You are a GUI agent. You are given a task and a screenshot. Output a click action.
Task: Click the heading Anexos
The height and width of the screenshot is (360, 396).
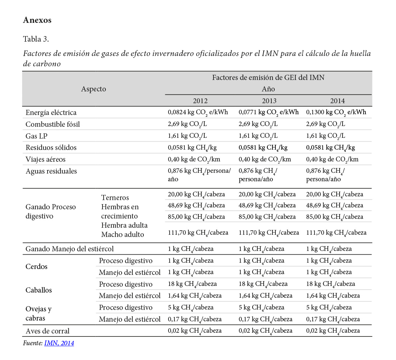point(37,20)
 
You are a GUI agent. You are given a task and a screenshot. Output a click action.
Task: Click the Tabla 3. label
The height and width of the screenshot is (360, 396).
point(36,39)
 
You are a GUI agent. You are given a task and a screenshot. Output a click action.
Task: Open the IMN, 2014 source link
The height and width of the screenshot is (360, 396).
point(59,343)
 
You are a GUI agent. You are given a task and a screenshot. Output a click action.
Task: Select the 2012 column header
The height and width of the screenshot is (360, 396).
point(200,101)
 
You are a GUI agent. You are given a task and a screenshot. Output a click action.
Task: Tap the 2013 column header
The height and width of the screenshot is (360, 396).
point(269,101)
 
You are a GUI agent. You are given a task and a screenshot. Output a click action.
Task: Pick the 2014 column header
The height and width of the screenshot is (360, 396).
point(337,101)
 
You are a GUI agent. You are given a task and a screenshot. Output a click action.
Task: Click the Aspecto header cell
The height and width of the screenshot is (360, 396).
point(94,89)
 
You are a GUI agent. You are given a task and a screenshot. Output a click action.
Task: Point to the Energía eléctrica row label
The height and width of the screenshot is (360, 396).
point(51,112)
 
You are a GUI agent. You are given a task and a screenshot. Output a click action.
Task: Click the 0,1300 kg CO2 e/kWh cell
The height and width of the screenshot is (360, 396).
point(336,112)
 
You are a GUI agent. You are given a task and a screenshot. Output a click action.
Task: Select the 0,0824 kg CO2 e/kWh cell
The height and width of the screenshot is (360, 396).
point(198,112)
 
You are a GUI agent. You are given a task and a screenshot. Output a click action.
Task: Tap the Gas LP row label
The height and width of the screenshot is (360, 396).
point(37,136)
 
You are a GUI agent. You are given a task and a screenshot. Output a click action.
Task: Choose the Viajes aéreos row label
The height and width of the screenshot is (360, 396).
point(45,160)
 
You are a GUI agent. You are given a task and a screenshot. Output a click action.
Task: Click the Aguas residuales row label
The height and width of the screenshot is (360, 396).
point(51,171)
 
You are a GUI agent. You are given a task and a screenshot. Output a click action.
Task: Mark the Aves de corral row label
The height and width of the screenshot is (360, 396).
point(48,331)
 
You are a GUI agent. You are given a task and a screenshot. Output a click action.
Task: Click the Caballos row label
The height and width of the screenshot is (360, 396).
point(39,290)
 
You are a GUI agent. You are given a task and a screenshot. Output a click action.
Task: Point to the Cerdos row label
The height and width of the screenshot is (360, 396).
point(37,266)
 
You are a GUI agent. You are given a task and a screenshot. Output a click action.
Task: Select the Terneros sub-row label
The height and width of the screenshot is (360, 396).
point(115,198)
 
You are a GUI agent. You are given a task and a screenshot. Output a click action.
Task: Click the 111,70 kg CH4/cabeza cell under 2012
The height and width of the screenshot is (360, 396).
point(198,233)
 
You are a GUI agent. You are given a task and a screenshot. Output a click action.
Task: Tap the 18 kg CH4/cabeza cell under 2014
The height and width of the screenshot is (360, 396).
point(330,284)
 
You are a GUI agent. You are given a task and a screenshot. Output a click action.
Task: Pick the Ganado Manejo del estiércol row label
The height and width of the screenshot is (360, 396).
point(70,249)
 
